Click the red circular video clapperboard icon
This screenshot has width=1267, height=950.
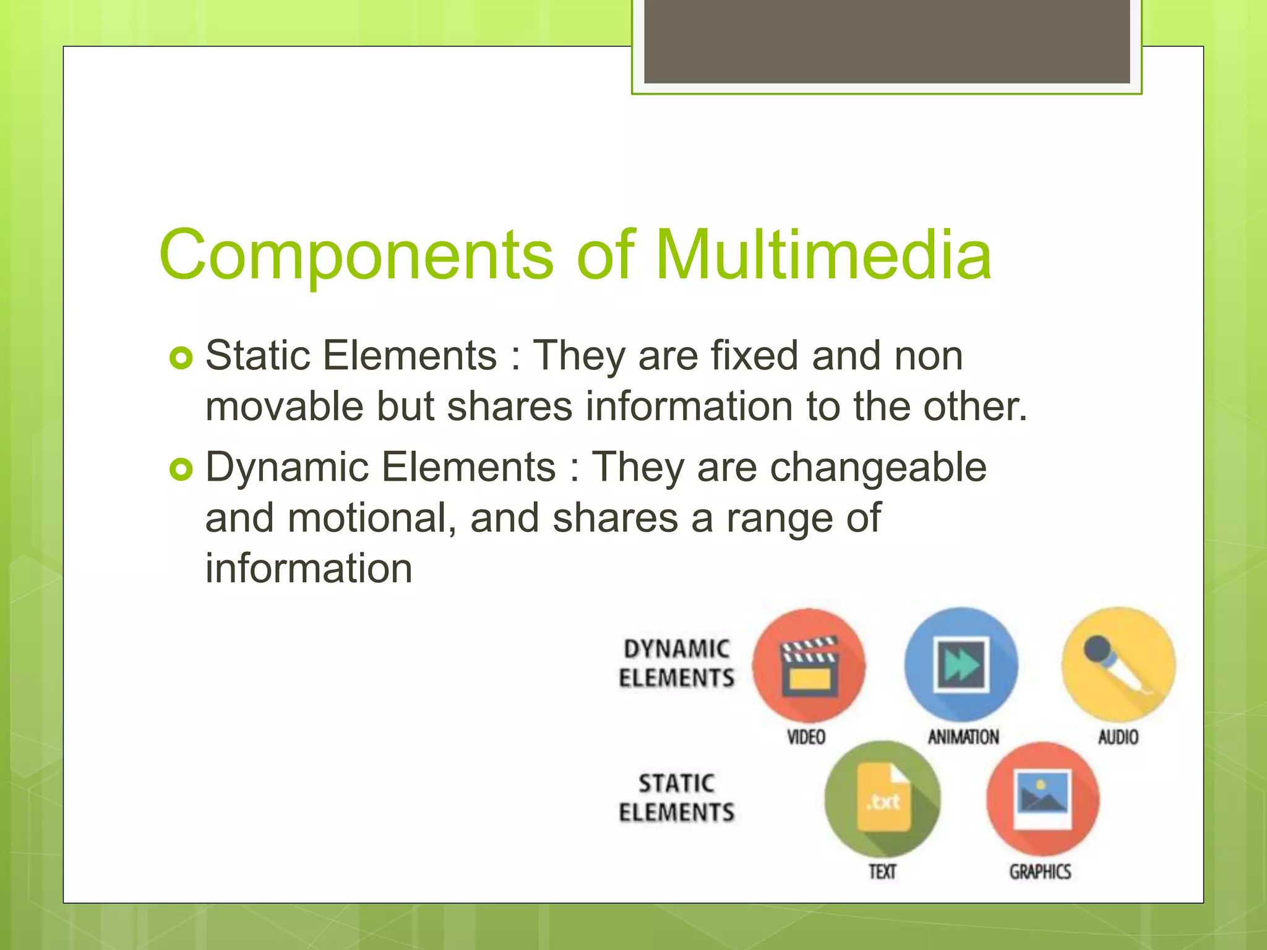click(x=809, y=665)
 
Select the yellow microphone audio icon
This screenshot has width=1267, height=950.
click(x=1118, y=664)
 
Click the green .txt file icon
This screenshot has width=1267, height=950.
click(x=883, y=799)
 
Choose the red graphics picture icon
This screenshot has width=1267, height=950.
click(x=1042, y=799)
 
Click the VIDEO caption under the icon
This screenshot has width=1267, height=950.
click(x=806, y=737)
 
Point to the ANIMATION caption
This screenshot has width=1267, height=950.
click(x=963, y=737)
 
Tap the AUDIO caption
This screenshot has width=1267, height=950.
click(x=1118, y=737)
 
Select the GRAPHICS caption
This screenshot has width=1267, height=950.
click(x=1040, y=872)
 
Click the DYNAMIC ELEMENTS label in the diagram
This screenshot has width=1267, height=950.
click(x=676, y=664)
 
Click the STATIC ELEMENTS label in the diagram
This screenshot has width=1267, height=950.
click(x=676, y=798)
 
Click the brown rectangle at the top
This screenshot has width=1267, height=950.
click(x=887, y=41)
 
